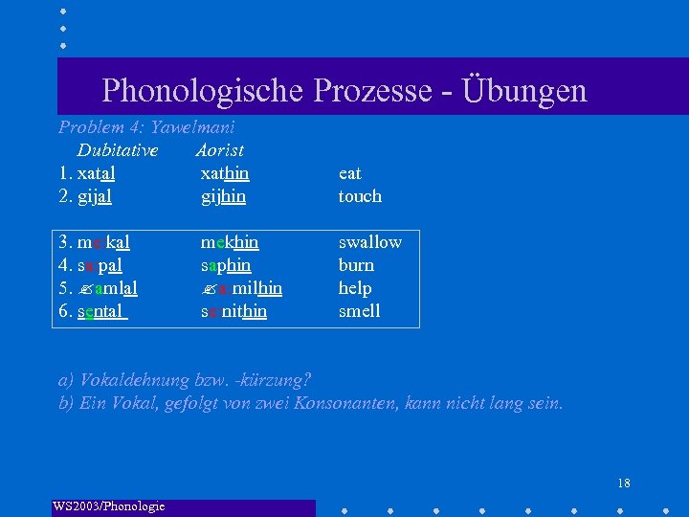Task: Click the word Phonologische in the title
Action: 200,90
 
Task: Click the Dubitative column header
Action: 118,149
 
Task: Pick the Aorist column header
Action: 219,149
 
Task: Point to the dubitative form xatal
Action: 96,173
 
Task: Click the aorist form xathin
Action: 225,173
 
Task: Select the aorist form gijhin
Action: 223,196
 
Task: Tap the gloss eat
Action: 349,173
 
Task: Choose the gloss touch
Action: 360,196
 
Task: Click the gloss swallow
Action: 369,242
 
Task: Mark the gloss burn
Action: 356,265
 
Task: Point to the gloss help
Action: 355,288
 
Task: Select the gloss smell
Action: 359,311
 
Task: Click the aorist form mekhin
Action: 229,242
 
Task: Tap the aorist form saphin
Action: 226,265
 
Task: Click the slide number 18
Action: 623,483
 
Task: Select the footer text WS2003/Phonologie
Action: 109,506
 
